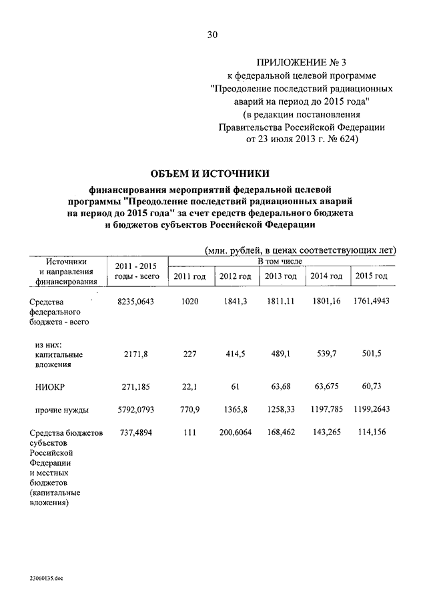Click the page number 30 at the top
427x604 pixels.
tap(212, 34)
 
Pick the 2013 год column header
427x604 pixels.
tap(281, 276)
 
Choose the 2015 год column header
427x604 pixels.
tap(372, 276)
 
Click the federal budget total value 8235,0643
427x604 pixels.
tap(135, 302)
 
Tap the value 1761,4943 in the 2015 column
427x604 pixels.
tap(372, 302)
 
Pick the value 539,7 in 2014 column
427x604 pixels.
tap(326, 354)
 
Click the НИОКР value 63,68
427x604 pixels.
tap(281, 386)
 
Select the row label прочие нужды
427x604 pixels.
tap(62, 409)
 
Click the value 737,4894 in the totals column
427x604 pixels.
tap(135, 433)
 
